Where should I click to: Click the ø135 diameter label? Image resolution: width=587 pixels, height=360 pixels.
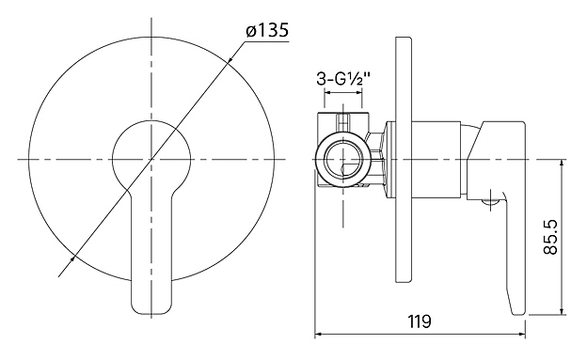tap(267, 30)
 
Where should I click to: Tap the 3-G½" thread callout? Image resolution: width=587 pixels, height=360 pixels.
tap(343, 79)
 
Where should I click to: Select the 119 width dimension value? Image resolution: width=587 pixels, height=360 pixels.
tap(420, 321)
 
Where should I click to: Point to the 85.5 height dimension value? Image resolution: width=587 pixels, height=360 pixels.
tap(550, 237)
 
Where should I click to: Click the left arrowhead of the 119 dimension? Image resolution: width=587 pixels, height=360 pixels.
tap(318, 335)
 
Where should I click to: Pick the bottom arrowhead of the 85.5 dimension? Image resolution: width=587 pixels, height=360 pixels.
tap(562, 311)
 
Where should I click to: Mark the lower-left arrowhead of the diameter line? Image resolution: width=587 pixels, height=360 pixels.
tap(72, 259)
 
